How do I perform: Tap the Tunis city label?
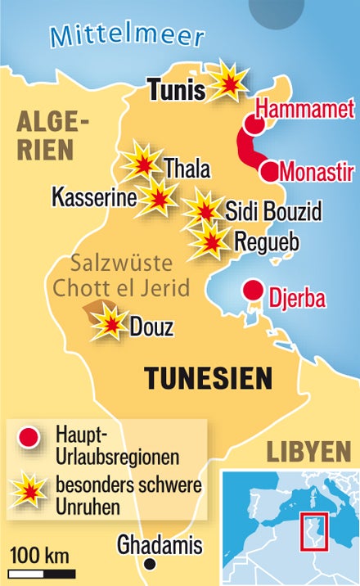176,89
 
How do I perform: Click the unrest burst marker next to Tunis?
228,80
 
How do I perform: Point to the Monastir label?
317,173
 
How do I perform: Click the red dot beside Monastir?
270,172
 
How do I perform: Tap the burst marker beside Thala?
142,162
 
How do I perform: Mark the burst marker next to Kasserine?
156,197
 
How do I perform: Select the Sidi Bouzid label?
273,212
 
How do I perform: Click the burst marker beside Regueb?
209,240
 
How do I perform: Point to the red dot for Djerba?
254,291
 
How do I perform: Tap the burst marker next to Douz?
109,324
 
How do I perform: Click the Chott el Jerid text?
120,288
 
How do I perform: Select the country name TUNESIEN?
208,378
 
